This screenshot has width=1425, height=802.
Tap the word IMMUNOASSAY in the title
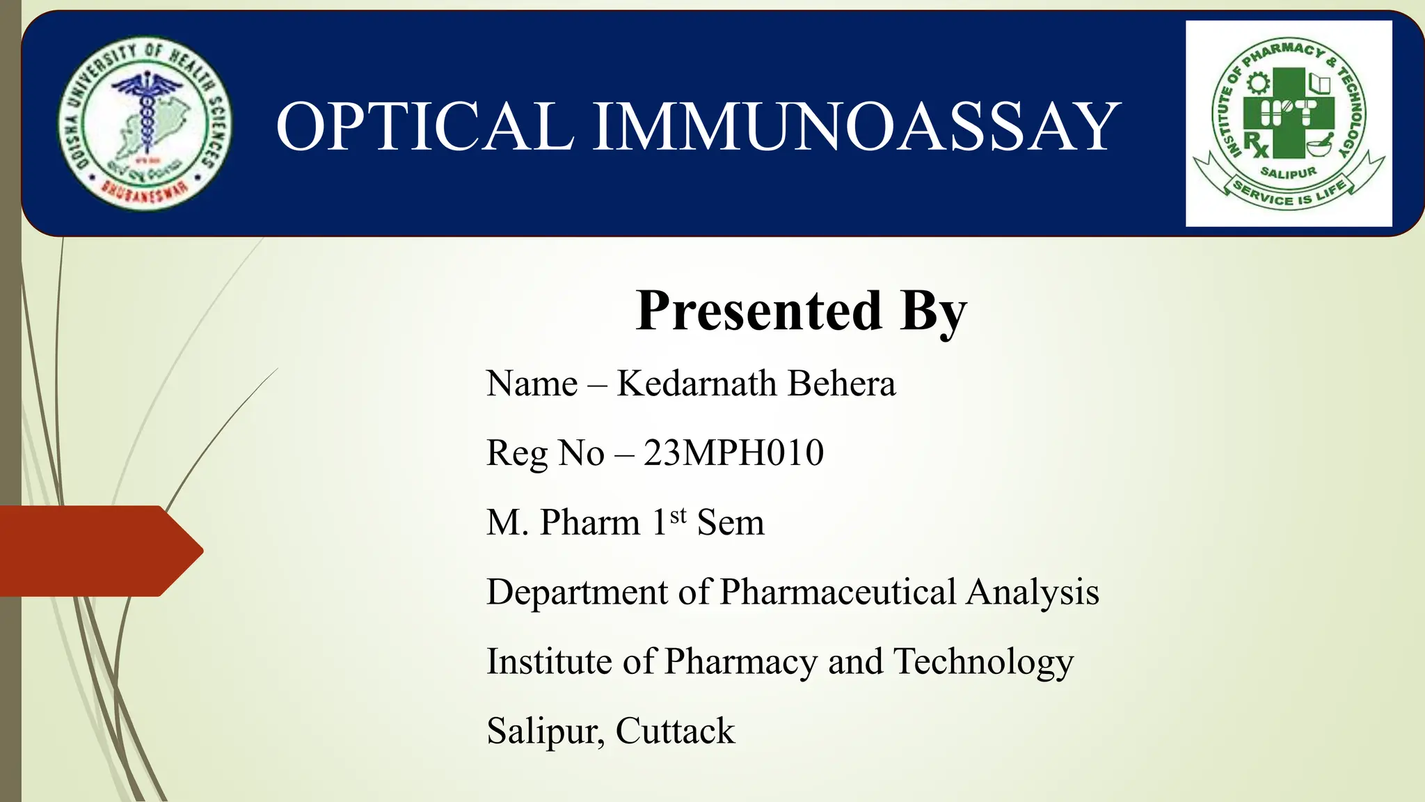click(856, 127)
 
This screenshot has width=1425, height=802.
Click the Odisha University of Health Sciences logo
click(145, 124)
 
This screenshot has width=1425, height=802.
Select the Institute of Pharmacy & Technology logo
click(1289, 124)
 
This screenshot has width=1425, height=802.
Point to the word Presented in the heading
click(758, 310)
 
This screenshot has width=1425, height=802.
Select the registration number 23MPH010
click(733, 453)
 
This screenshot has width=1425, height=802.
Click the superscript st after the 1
click(678, 515)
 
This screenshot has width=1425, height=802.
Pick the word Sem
click(731, 523)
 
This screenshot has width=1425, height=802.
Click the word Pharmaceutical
click(838, 592)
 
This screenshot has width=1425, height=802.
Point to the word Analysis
click(1033, 592)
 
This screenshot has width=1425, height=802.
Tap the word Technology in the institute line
click(983, 662)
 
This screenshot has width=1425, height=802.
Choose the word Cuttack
click(675, 732)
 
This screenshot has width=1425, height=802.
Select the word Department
click(577, 592)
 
